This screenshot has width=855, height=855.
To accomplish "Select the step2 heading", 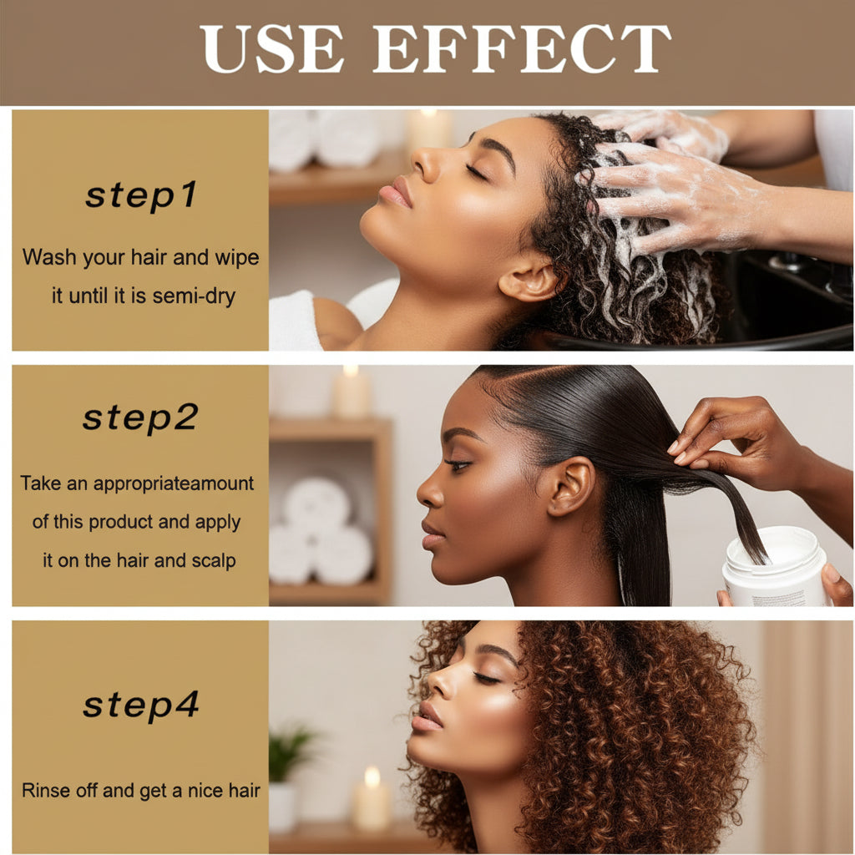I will (140, 417).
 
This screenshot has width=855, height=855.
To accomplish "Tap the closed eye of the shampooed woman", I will (477, 172).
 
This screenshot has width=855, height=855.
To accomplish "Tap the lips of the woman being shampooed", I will (397, 194).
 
